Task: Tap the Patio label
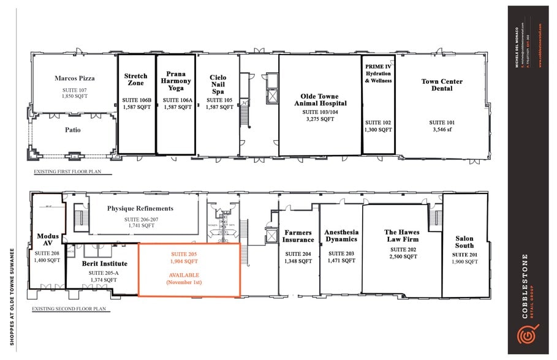73,130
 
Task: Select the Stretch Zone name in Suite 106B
136,80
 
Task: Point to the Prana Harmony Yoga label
176,80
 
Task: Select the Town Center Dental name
442,84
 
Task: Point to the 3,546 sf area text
442,130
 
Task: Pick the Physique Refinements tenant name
140,208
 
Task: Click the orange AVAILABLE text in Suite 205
189,275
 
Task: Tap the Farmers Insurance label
298,236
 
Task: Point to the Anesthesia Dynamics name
341,236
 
